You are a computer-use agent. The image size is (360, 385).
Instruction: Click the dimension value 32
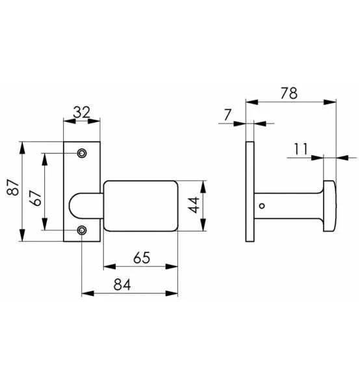click(81, 112)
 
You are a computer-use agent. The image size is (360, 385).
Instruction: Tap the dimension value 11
click(300, 149)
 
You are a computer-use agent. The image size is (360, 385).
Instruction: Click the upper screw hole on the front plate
click(82, 153)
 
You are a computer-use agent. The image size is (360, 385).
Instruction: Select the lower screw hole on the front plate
click(82, 230)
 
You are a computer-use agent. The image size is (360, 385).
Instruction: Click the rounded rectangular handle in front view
click(140, 206)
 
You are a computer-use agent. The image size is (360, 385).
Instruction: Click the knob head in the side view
click(329, 206)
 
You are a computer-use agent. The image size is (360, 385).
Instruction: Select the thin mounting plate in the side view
click(250, 191)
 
